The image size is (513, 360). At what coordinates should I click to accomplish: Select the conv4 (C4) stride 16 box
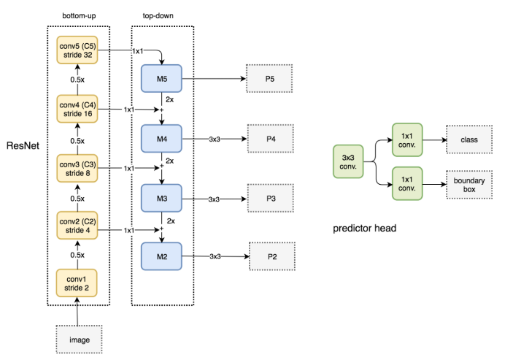[78, 110]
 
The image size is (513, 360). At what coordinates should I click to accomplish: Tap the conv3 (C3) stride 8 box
[78, 168]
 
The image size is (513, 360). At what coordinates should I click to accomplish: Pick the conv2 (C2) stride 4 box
[78, 226]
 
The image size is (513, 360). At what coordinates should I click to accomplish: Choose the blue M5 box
[161, 78]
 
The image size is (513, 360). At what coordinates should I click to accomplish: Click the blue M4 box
[161, 137]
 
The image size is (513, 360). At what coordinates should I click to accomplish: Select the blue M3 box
[161, 197]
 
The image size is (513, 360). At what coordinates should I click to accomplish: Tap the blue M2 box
[161, 256]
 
